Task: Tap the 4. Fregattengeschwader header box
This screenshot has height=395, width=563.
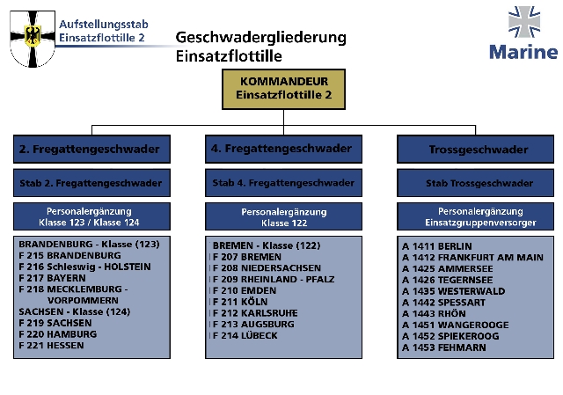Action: coord(282,149)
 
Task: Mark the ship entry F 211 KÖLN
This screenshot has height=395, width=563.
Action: coord(245,301)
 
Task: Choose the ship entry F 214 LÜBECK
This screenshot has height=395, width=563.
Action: coord(247,335)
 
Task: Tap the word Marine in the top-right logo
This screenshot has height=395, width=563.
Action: coord(523,51)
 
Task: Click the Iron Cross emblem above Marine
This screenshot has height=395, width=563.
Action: coord(523,23)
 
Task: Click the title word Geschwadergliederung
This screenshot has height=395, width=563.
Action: coord(261,38)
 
